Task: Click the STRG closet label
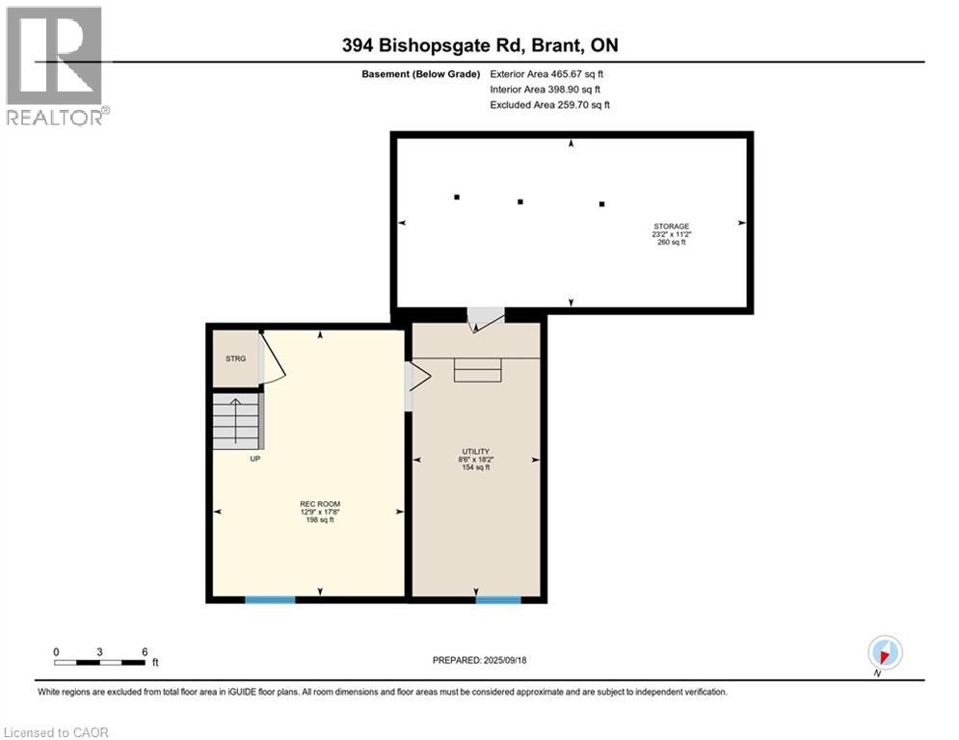[236, 358]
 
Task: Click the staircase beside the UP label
[237, 422]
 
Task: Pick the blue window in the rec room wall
[270, 599]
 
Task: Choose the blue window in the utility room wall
[498, 599]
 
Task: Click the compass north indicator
[884, 653]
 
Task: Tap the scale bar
[100, 662]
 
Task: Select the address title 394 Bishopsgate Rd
[479, 44]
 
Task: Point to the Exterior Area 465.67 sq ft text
[546, 73]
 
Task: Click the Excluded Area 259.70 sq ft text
[549, 104]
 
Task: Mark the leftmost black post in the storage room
[457, 198]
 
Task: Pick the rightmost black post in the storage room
[602, 204]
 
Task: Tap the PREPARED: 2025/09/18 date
[480, 660]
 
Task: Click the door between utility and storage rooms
[486, 319]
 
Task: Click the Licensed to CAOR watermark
[58, 732]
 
